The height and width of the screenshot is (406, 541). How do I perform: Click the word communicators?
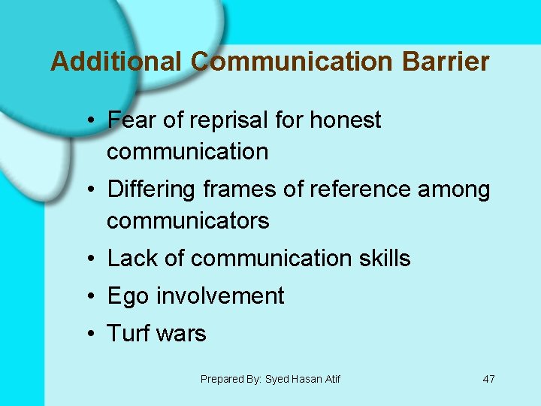[188, 221]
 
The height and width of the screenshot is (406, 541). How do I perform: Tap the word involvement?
[220, 296]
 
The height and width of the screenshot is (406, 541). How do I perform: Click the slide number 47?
[488, 379]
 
